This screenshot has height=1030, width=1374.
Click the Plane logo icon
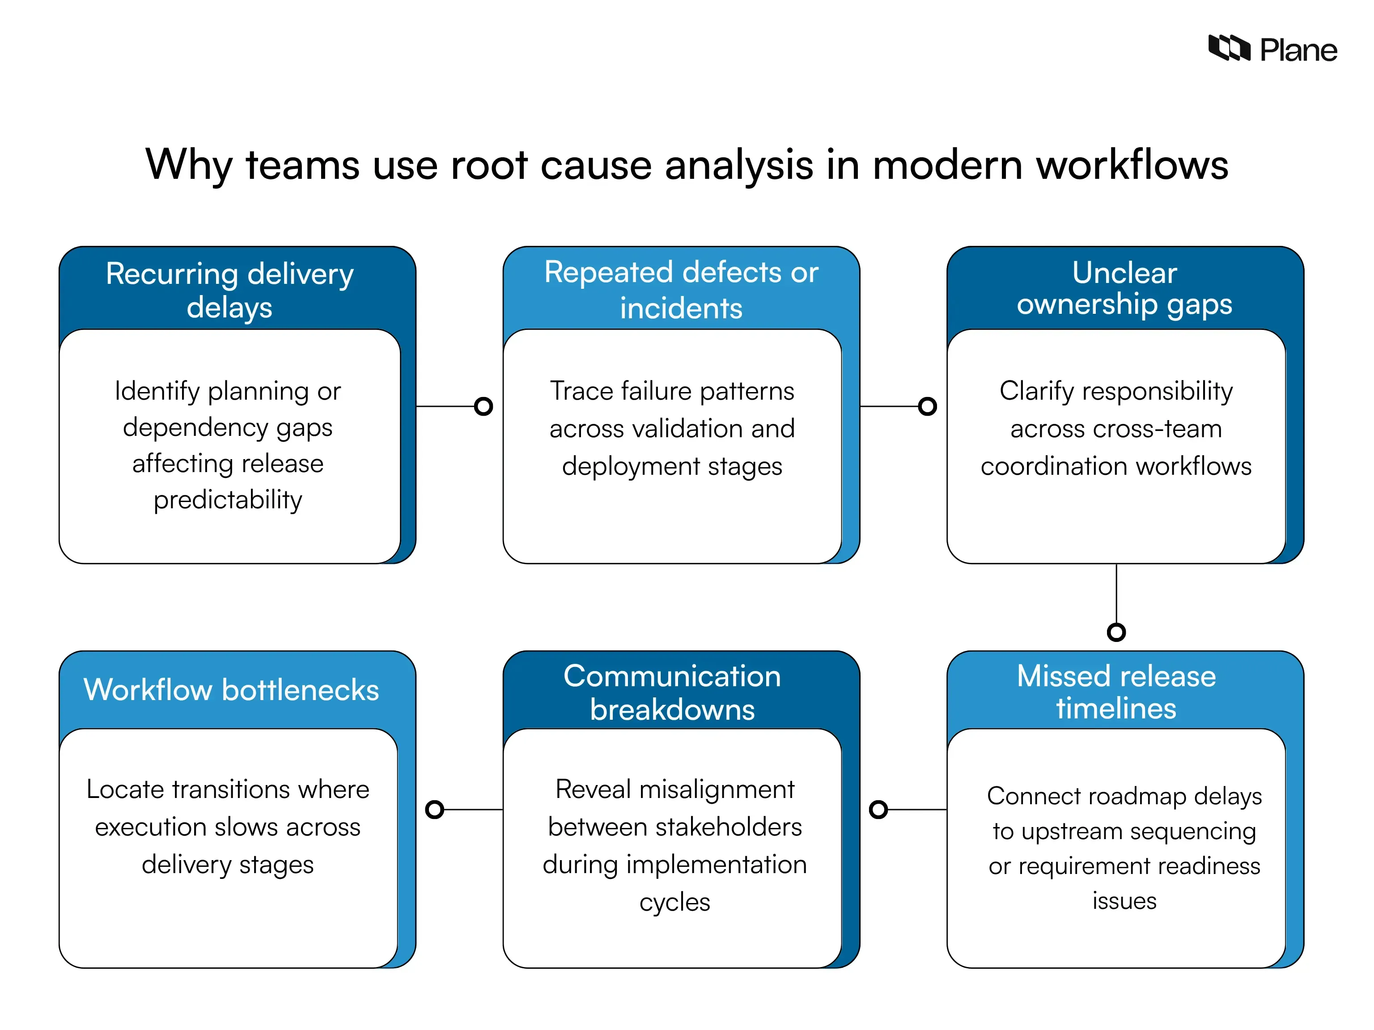1228,48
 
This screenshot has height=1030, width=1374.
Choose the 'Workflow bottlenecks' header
231,689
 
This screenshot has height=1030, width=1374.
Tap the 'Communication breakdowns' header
672,692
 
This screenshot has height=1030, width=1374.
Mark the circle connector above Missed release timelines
1116,632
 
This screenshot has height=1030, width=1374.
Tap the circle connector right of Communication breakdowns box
878,809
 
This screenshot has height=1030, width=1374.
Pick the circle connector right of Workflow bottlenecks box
434,809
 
